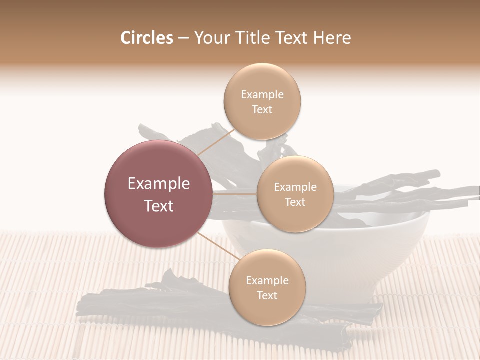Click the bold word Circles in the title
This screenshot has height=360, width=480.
pyautogui.click(x=147, y=38)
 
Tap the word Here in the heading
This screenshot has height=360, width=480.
pyautogui.click(x=332, y=38)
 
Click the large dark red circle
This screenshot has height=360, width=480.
pyautogui.click(x=158, y=194)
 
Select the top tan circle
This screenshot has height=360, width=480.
pyautogui.click(x=262, y=102)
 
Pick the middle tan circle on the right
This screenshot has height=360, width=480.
pyautogui.click(x=295, y=194)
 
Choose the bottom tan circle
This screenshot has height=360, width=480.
pyautogui.click(x=267, y=287)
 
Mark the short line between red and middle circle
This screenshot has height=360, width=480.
pyautogui.click(x=234, y=194)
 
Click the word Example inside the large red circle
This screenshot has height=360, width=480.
pyautogui.click(x=158, y=184)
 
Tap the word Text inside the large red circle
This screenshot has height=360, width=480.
pyautogui.click(x=158, y=206)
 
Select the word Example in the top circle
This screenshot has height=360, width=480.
pyautogui.click(x=262, y=95)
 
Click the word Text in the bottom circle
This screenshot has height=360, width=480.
pyautogui.click(x=267, y=295)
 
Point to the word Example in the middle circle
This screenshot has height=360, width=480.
pyautogui.click(x=295, y=187)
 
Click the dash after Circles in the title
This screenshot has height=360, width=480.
pyautogui.click(x=183, y=38)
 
